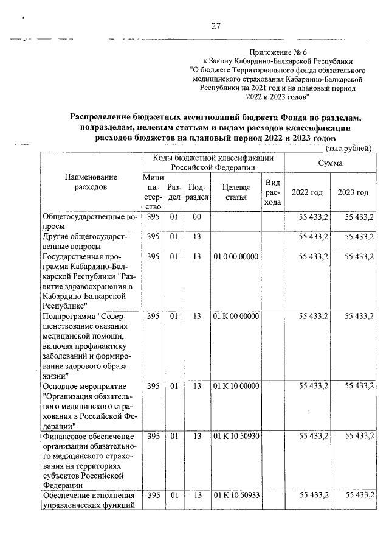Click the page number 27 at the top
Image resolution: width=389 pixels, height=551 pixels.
pyautogui.click(x=215, y=26)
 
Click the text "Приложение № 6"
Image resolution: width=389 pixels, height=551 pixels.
pyautogui.click(x=277, y=53)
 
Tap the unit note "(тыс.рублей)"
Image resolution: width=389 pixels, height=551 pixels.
pyautogui.click(x=348, y=149)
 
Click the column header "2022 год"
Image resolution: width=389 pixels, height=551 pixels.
pyautogui.click(x=308, y=192)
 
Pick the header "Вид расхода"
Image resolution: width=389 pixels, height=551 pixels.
pyautogui.click(x=273, y=192)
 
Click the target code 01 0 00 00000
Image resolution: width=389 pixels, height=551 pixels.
pyautogui.click(x=236, y=256)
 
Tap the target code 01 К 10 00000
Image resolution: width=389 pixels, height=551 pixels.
pyautogui.click(x=236, y=385)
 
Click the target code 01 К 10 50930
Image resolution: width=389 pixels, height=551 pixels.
pyautogui.click(x=236, y=435)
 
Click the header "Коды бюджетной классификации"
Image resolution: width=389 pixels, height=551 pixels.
pyautogui.click(x=213, y=161)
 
